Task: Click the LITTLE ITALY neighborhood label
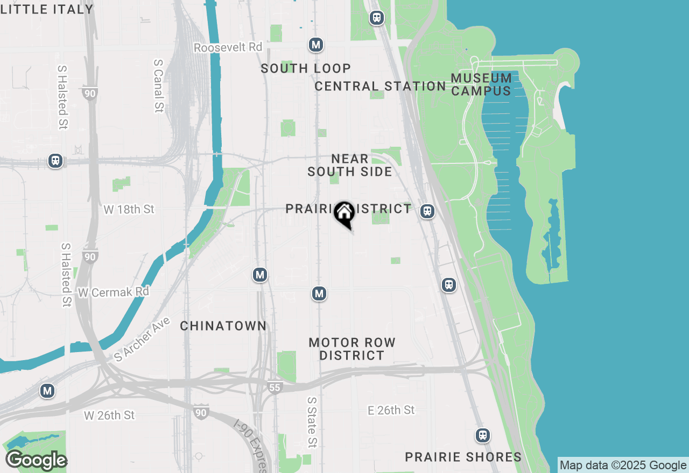pos(47,9)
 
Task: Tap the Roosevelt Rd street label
pos(228,47)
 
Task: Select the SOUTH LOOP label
pos(306,68)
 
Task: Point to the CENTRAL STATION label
pos(380,86)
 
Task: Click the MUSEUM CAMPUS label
pos(481,84)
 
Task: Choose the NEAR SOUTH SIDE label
pos(350,165)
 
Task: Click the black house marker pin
pos(344,213)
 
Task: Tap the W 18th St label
pos(129,209)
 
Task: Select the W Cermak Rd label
pos(114,292)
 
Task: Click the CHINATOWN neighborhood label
pos(223,326)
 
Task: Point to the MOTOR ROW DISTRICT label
pos(352,349)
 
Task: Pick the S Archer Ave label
pos(142,339)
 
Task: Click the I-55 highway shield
pos(275,387)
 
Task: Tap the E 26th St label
pos(391,410)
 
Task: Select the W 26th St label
pos(109,415)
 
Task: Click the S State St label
pos(312,422)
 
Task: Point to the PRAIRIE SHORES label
pos(463,457)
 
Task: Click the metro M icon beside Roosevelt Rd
pos(316,45)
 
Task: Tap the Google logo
pos(36,461)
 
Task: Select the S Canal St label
pos(158,85)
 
